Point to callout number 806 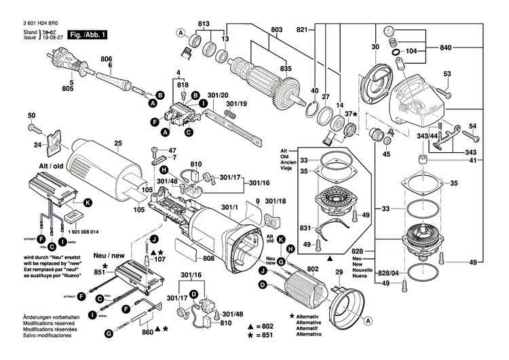pyautogui.click(x=106, y=59)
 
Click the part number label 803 pyautogui.click(x=276, y=29)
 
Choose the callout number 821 pyautogui.click(x=302, y=29)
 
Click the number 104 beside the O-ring pyautogui.click(x=411, y=52)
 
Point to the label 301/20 pyautogui.click(x=217, y=95)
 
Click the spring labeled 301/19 pyautogui.click(x=231, y=115)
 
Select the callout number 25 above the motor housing pyautogui.click(x=117, y=143)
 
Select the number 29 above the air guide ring pyautogui.click(x=338, y=272)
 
